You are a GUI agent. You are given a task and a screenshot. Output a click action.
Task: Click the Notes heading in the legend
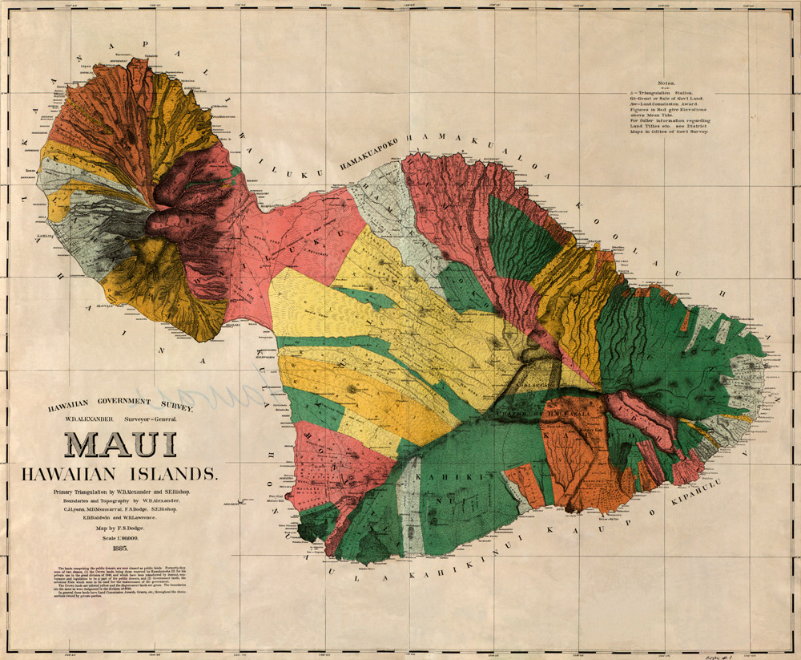tap(666, 83)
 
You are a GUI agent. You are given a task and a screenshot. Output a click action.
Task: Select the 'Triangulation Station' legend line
tap(660, 92)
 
